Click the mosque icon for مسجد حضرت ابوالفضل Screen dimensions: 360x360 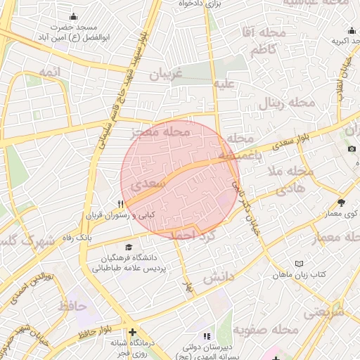tap(73, 17)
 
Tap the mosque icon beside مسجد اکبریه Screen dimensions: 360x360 tap(351, 30)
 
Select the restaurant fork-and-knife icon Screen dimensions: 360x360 tap(120, 204)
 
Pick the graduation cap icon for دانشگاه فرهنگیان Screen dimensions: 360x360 tap(128, 247)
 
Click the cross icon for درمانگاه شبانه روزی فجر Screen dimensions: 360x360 tap(131, 332)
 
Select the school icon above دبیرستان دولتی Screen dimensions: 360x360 tap(206, 336)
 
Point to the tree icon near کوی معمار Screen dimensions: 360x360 tap(342, 202)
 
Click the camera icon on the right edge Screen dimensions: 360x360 tap(352, 148)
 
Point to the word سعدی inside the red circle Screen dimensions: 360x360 tap(153, 184)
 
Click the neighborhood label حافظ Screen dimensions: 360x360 tap(72, 307)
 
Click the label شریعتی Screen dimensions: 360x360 tap(324, 310)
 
